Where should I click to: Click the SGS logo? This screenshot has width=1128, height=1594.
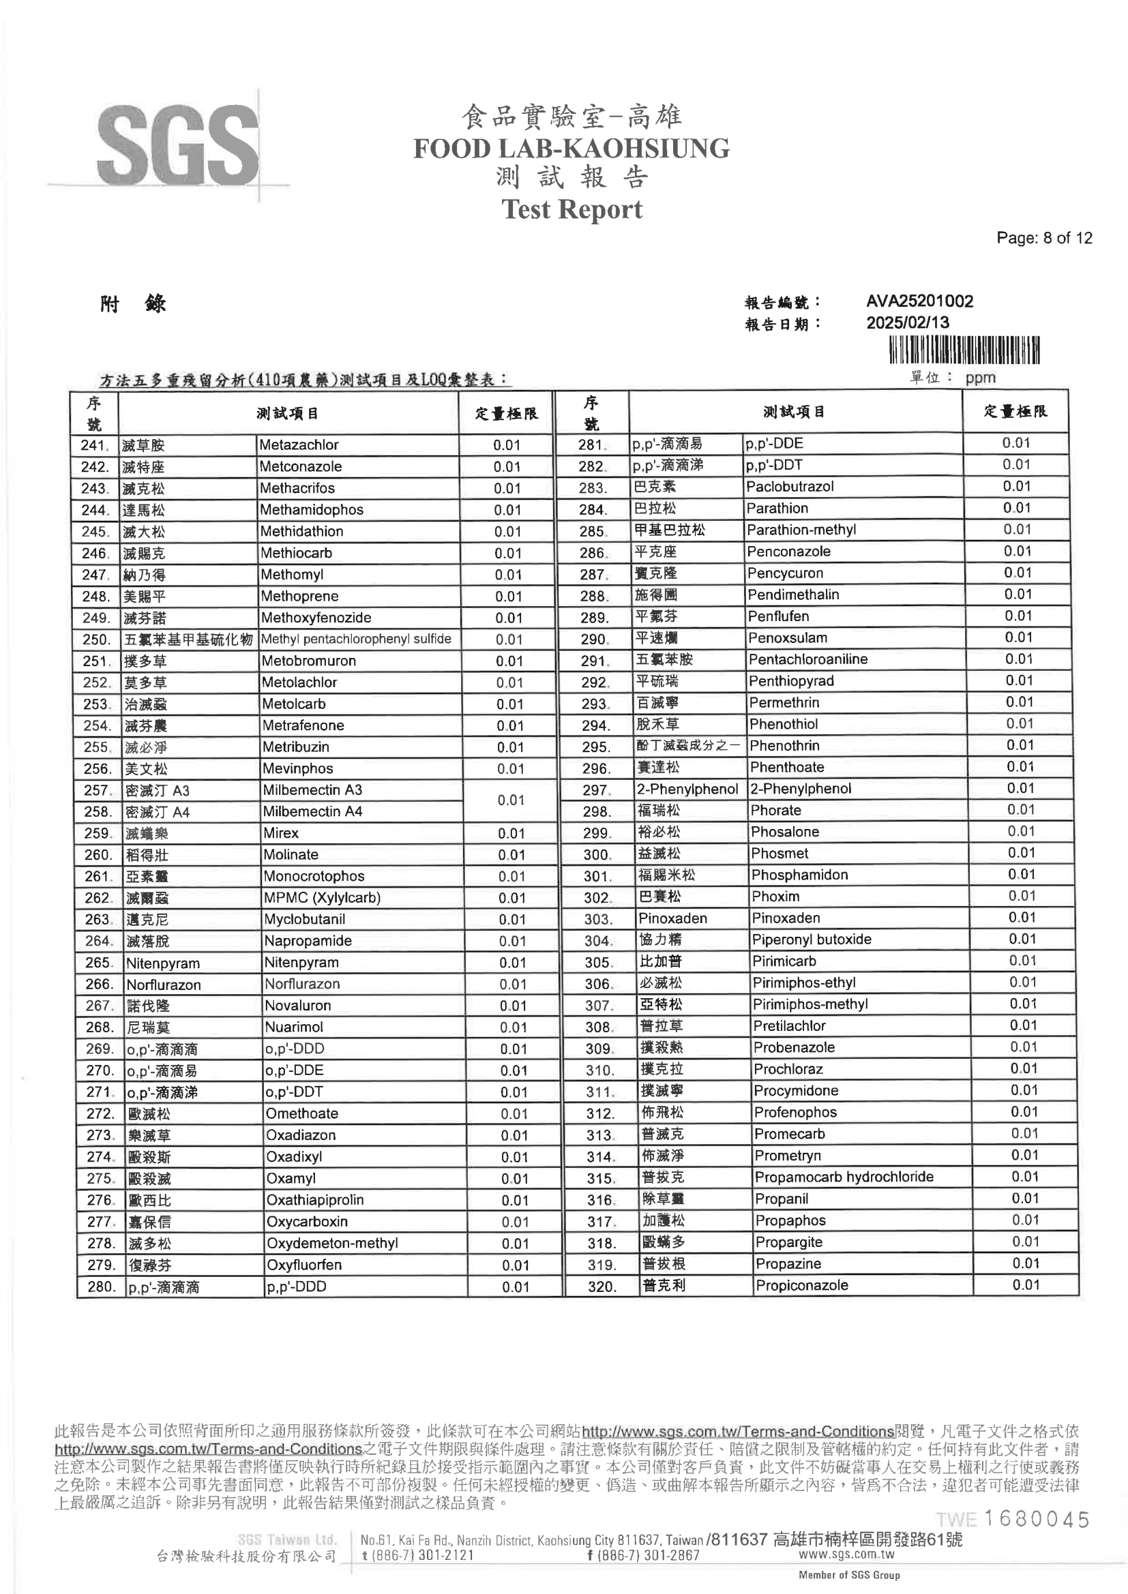point(179,146)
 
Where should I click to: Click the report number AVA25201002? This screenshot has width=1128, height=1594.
point(919,301)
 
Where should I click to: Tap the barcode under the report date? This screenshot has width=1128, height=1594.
point(964,350)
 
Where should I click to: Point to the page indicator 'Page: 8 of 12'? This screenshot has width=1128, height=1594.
point(1043,238)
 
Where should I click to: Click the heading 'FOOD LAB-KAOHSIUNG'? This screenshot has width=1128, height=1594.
point(571,149)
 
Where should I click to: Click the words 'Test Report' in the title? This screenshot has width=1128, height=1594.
point(572,209)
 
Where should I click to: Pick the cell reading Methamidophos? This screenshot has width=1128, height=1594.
point(311,509)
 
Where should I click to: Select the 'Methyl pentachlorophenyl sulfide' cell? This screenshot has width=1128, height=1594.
point(355,639)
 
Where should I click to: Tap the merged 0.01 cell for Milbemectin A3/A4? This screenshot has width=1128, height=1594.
point(511,800)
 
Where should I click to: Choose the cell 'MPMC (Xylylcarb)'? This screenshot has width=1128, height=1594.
point(323,898)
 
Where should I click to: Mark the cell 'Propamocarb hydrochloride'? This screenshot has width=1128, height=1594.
point(844,1177)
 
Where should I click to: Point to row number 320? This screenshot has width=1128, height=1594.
point(602,1287)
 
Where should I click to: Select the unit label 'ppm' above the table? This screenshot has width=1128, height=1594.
point(980,378)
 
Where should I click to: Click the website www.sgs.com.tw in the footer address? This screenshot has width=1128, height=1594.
point(846,1554)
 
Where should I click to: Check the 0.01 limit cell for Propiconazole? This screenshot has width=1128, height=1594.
point(1025,1284)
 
